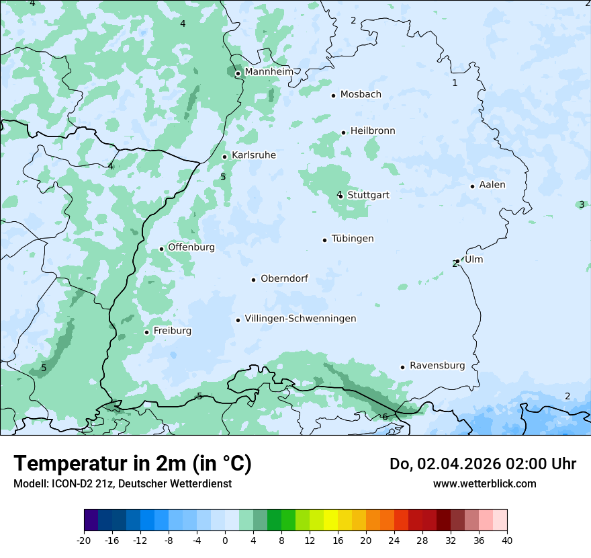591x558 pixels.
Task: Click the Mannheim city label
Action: [269, 72]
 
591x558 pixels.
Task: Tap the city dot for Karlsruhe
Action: [225, 157]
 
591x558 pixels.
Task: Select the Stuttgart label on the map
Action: [368, 195]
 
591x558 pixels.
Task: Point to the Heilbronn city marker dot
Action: [343, 132]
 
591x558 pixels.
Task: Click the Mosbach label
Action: [361, 95]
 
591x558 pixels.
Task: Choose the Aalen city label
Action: [492, 185]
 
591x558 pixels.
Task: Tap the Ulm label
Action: [473, 260]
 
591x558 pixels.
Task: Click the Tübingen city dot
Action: [325, 240]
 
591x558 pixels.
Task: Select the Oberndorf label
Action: [284, 278]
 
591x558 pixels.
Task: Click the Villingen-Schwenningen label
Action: [300, 319]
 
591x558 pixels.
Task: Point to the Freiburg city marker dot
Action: [146, 332]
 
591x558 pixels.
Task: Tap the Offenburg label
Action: [191, 247]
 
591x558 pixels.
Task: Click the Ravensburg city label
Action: [437, 366]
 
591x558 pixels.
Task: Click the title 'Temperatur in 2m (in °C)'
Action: [132, 464]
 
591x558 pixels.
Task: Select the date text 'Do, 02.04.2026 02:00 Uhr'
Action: [482, 464]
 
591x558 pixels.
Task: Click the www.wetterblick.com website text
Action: [484, 484]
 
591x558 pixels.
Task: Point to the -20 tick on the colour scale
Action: [84, 540]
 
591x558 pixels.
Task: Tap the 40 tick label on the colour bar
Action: [506, 540]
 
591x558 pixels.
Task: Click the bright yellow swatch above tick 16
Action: [330, 520]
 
